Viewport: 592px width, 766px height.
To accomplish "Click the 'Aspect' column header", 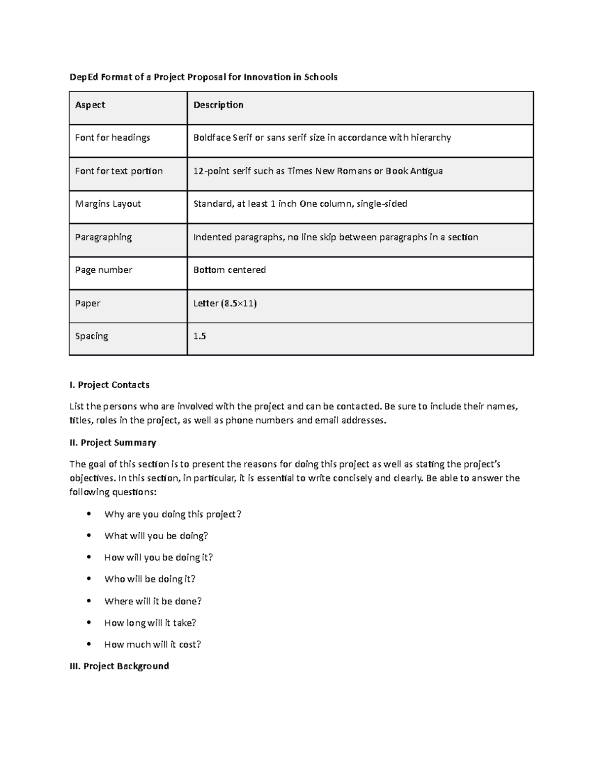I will pos(90,105).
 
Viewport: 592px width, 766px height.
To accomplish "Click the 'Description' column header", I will pos(218,105).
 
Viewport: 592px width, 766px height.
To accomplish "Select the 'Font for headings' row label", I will pos(112,138).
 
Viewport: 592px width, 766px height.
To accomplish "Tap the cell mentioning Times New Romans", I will pos(318,171).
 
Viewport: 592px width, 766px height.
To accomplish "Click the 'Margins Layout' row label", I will pos(108,204).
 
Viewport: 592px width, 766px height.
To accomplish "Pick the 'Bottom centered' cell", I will pos(229,270).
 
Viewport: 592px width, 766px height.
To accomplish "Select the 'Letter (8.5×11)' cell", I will pos(225,303).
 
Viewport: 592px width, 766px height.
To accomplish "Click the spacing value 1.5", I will pos(199,336).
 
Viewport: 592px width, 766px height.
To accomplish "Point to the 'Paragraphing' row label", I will pos(103,237).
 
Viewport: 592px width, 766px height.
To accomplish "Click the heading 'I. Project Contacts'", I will pos(110,385).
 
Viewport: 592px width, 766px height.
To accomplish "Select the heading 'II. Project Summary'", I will pos(113,442).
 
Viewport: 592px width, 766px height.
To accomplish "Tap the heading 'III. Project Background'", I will pos(119,666).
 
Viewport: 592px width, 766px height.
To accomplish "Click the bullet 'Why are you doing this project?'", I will pos(173,514).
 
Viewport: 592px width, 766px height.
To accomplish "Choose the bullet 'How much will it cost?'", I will pos(152,644).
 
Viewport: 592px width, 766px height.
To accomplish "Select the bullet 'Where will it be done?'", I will pos(153,601).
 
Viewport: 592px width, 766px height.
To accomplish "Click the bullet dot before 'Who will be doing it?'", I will pos(89,579).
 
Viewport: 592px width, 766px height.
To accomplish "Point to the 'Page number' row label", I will pos(104,270).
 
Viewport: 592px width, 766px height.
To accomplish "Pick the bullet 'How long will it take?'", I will pos(150,623).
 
